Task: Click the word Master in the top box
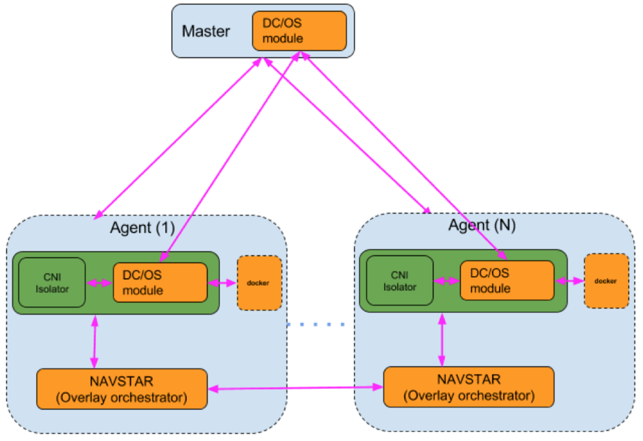(206, 31)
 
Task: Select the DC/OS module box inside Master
(299, 31)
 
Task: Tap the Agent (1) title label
(142, 228)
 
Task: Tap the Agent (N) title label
(482, 225)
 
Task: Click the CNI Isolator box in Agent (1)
(52, 283)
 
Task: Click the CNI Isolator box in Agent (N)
(399, 281)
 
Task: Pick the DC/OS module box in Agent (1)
(160, 283)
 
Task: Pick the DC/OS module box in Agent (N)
(507, 281)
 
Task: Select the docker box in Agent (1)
(259, 283)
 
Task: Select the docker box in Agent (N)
(606, 281)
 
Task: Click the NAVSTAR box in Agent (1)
(122, 389)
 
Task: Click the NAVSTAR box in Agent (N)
(469, 387)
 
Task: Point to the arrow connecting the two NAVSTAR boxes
(295, 388)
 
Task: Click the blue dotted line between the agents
(315, 324)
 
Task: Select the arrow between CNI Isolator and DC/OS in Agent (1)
(100, 283)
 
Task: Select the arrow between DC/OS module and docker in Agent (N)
(570, 281)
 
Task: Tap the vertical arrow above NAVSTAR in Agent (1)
(94, 341)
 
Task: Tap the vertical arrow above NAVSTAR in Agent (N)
(442, 339)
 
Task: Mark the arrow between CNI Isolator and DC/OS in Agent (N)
(447, 281)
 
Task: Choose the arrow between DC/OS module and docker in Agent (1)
(222, 283)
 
